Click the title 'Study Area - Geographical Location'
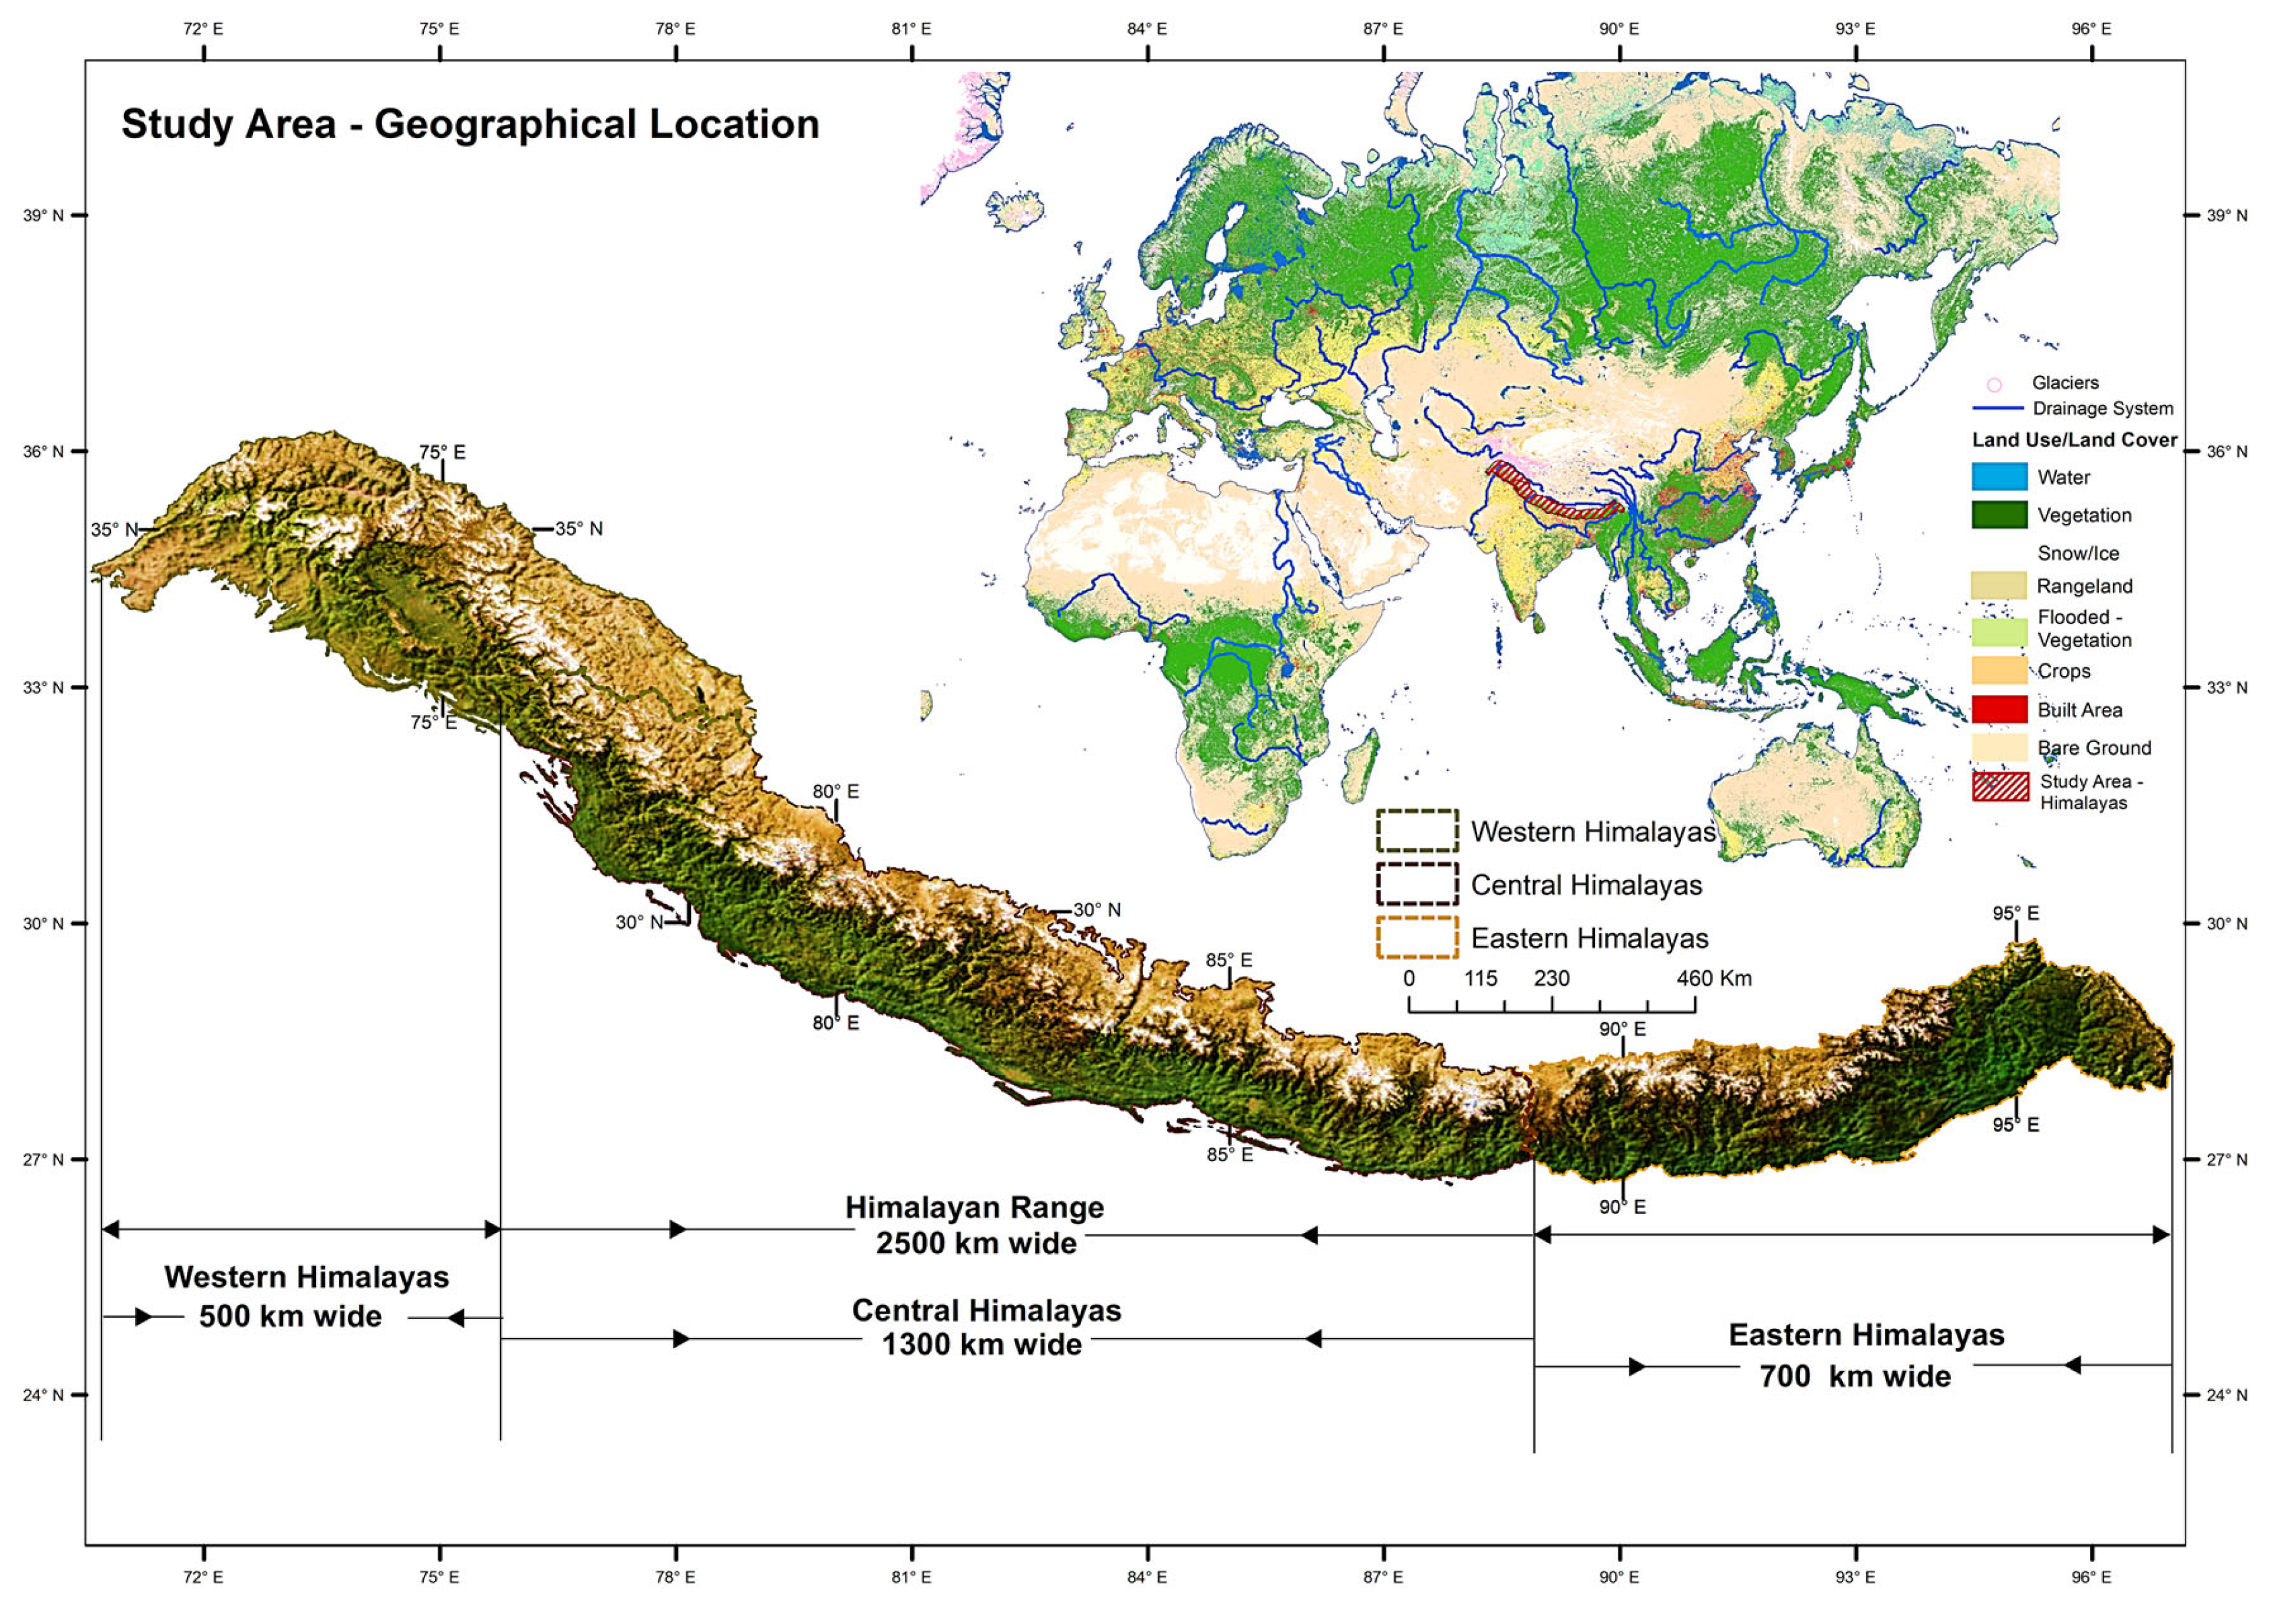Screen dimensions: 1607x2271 (470, 124)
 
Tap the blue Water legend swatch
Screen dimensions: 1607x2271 (1999, 477)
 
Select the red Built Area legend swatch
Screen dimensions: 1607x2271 (1999, 710)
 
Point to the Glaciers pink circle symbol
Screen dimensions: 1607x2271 (1994, 385)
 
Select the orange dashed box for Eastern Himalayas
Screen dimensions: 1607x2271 (1416, 937)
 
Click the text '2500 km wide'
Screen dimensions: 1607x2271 (975, 1243)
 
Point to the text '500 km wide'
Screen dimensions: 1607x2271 (290, 1317)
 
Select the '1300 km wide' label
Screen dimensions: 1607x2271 (981, 1345)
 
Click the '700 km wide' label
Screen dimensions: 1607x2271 (1855, 1376)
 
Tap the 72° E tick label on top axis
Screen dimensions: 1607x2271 (203, 29)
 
